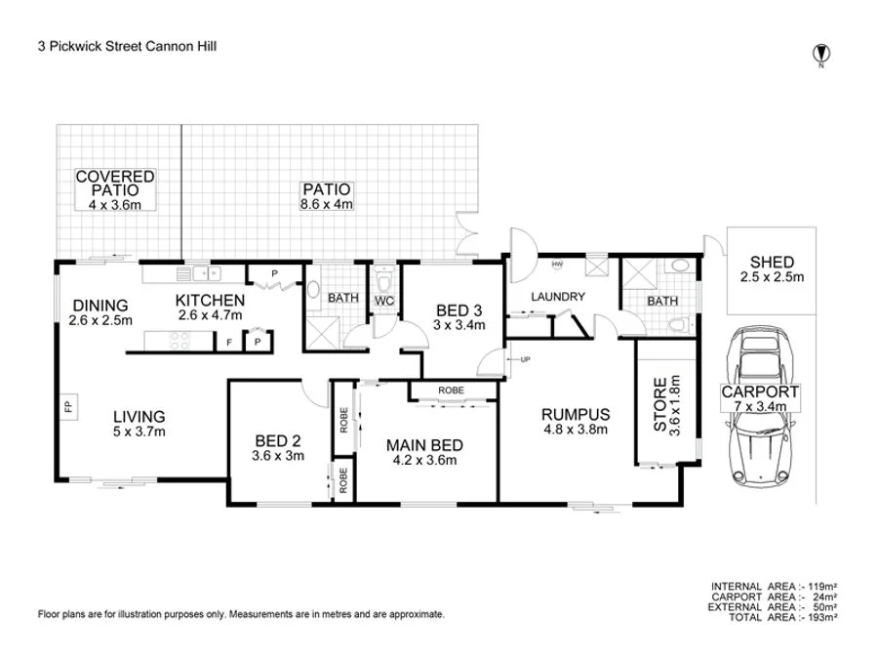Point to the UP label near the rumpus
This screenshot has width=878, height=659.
[x=525, y=359]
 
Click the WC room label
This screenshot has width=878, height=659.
[x=383, y=301]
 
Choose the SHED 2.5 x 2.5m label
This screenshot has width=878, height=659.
[x=772, y=269]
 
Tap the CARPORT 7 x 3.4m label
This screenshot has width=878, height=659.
[x=760, y=398]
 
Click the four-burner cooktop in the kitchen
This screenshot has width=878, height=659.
[x=180, y=341]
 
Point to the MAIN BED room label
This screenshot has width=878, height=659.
[x=422, y=453]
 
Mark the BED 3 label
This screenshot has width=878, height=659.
[x=459, y=318]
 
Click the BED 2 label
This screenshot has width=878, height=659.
[x=278, y=447]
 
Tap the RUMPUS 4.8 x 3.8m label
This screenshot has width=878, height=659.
[x=576, y=420]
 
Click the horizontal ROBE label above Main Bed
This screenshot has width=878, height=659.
[x=451, y=391]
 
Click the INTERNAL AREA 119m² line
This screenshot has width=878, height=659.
[x=775, y=587]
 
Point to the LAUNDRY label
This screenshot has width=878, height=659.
[x=558, y=297]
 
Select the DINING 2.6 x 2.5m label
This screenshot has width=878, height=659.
[x=101, y=311]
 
